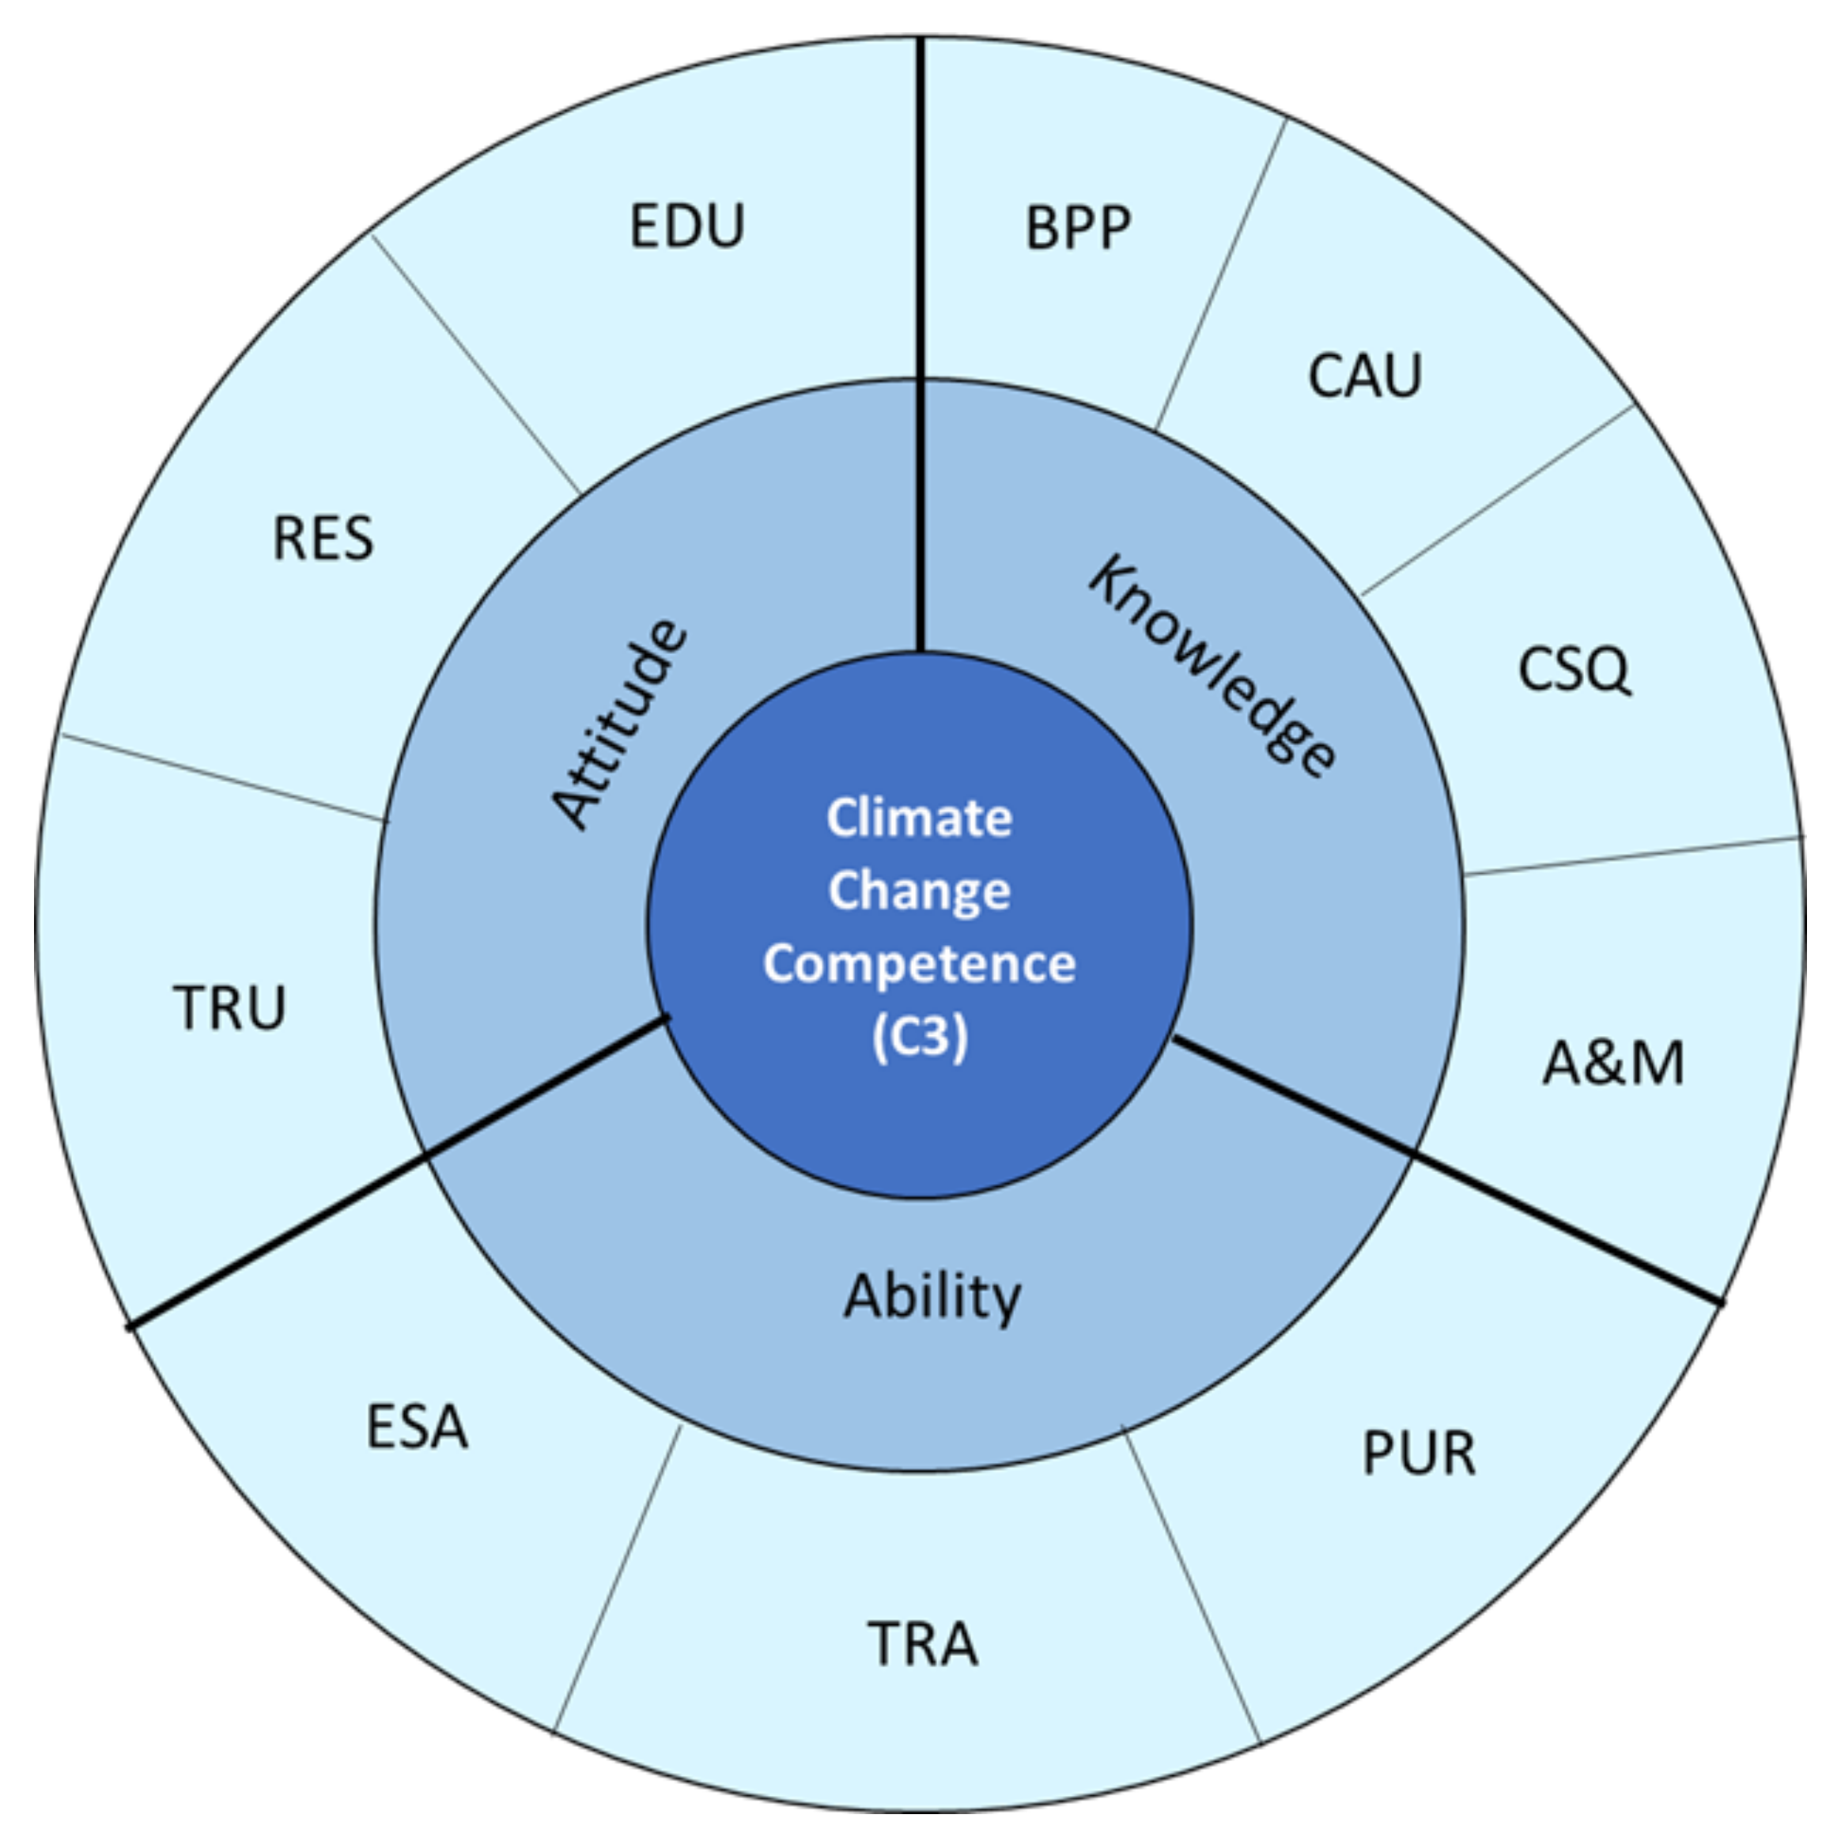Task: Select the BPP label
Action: pyautogui.click(x=1078, y=229)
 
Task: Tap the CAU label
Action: pyautogui.click(x=1365, y=376)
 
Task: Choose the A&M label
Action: pyautogui.click(x=1613, y=1064)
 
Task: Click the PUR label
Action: pyautogui.click(x=1419, y=1454)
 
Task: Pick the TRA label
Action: pyautogui.click(x=922, y=1645)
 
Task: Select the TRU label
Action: pyautogui.click(x=229, y=1008)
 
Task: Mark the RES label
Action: pyautogui.click(x=323, y=539)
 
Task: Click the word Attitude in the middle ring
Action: pyautogui.click(x=619, y=724)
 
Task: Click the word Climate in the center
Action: pyautogui.click(x=919, y=818)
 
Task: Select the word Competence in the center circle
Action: pyautogui.click(x=919, y=963)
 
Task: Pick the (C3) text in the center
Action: pyautogui.click(x=919, y=1036)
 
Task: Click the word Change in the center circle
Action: pyautogui.click(x=919, y=891)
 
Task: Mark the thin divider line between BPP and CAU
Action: pyautogui.click(x=1221, y=274)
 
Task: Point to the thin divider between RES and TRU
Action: pyautogui.click(x=224, y=777)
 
